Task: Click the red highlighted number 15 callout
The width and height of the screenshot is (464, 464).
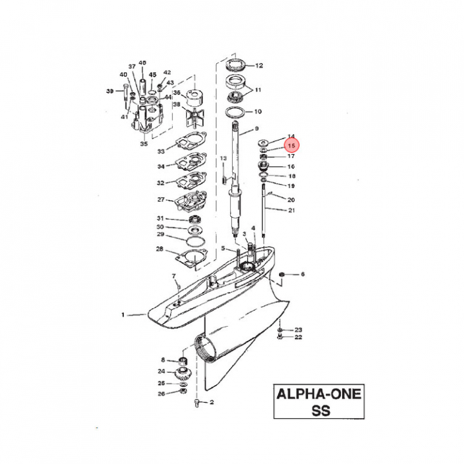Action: point(291,146)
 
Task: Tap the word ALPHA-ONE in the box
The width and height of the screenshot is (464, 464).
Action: point(319,394)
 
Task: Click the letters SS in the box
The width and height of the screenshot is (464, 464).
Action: point(321,411)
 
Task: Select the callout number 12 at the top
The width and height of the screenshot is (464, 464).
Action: point(259,65)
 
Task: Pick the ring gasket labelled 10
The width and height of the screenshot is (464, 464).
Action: point(235,112)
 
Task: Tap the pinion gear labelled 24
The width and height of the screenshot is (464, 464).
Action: point(182,374)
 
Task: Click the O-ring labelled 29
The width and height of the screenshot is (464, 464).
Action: point(196,241)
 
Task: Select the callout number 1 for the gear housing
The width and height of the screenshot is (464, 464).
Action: point(123,315)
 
